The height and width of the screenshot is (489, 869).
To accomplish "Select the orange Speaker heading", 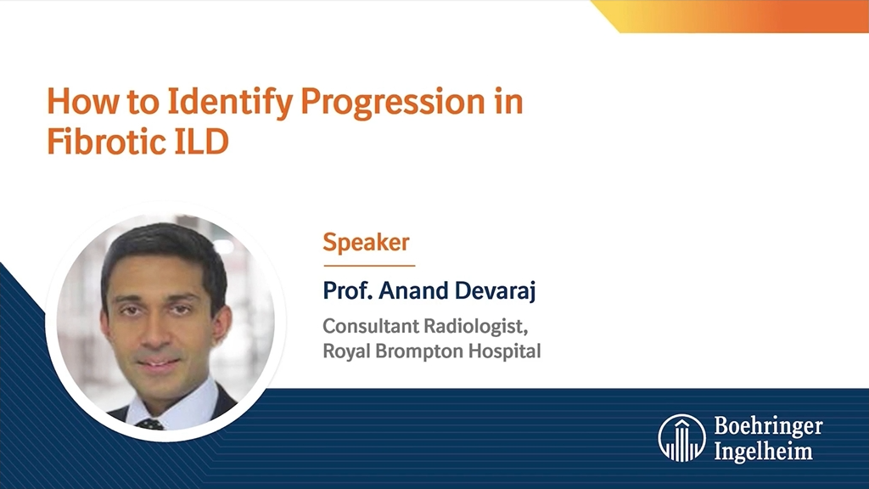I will tap(366, 243).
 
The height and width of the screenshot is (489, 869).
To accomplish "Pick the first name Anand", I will tap(412, 291).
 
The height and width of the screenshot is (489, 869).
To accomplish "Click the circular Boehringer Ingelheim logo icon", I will tap(681, 438).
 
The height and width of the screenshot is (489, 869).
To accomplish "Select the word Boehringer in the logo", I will tap(768, 426).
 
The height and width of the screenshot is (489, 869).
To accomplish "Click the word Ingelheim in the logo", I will tap(763, 451).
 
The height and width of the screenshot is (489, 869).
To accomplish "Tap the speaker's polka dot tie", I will tap(151, 423).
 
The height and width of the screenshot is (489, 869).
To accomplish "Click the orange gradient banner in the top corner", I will tap(738, 16).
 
